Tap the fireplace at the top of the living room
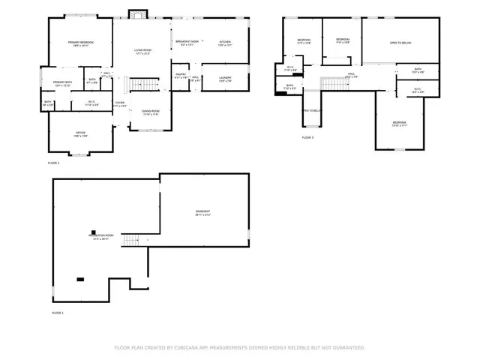pyautogui.click(x=136, y=13)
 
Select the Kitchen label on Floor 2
pyautogui.click(x=224, y=42)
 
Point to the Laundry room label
pyautogui.click(x=225, y=77)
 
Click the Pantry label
pyautogui.click(x=181, y=75)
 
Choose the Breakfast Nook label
pyautogui.click(x=187, y=42)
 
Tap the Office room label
pyautogui.click(x=80, y=133)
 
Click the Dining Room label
pyautogui.click(x=151, y=112)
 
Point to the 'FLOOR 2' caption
pyautogui.click(x=54, y=163)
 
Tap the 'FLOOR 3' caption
pyautogui.click(x=307, y=138)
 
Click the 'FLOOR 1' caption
pyautogui.click(x=58, y=312)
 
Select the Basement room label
pyautogui.click(x=202, y=211)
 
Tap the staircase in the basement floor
pyautogui.click(x=131, y=240)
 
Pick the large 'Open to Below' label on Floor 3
pyautogui.click(x=400, y=43)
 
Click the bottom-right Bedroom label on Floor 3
pyautogui.click(x=400, y=123)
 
